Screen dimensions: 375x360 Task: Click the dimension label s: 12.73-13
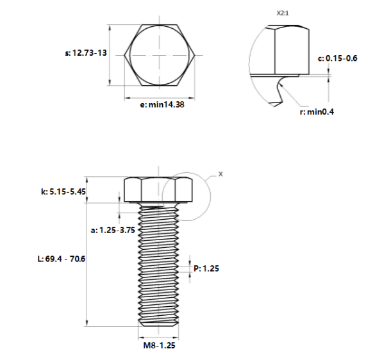point(86,53)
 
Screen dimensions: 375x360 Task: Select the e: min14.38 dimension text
point(162,104)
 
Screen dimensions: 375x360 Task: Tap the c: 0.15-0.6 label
point(337,58)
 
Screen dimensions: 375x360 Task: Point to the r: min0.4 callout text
point(317,111)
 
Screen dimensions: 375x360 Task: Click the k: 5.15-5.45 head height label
point(63,192)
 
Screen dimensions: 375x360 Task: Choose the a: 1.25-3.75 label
point(113,230)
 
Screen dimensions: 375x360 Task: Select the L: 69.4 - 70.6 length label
point(62,259)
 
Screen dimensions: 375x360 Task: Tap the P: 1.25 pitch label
point(206,268)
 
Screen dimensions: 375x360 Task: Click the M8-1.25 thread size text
point(159,345)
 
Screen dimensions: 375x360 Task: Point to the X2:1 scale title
point(283,13)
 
